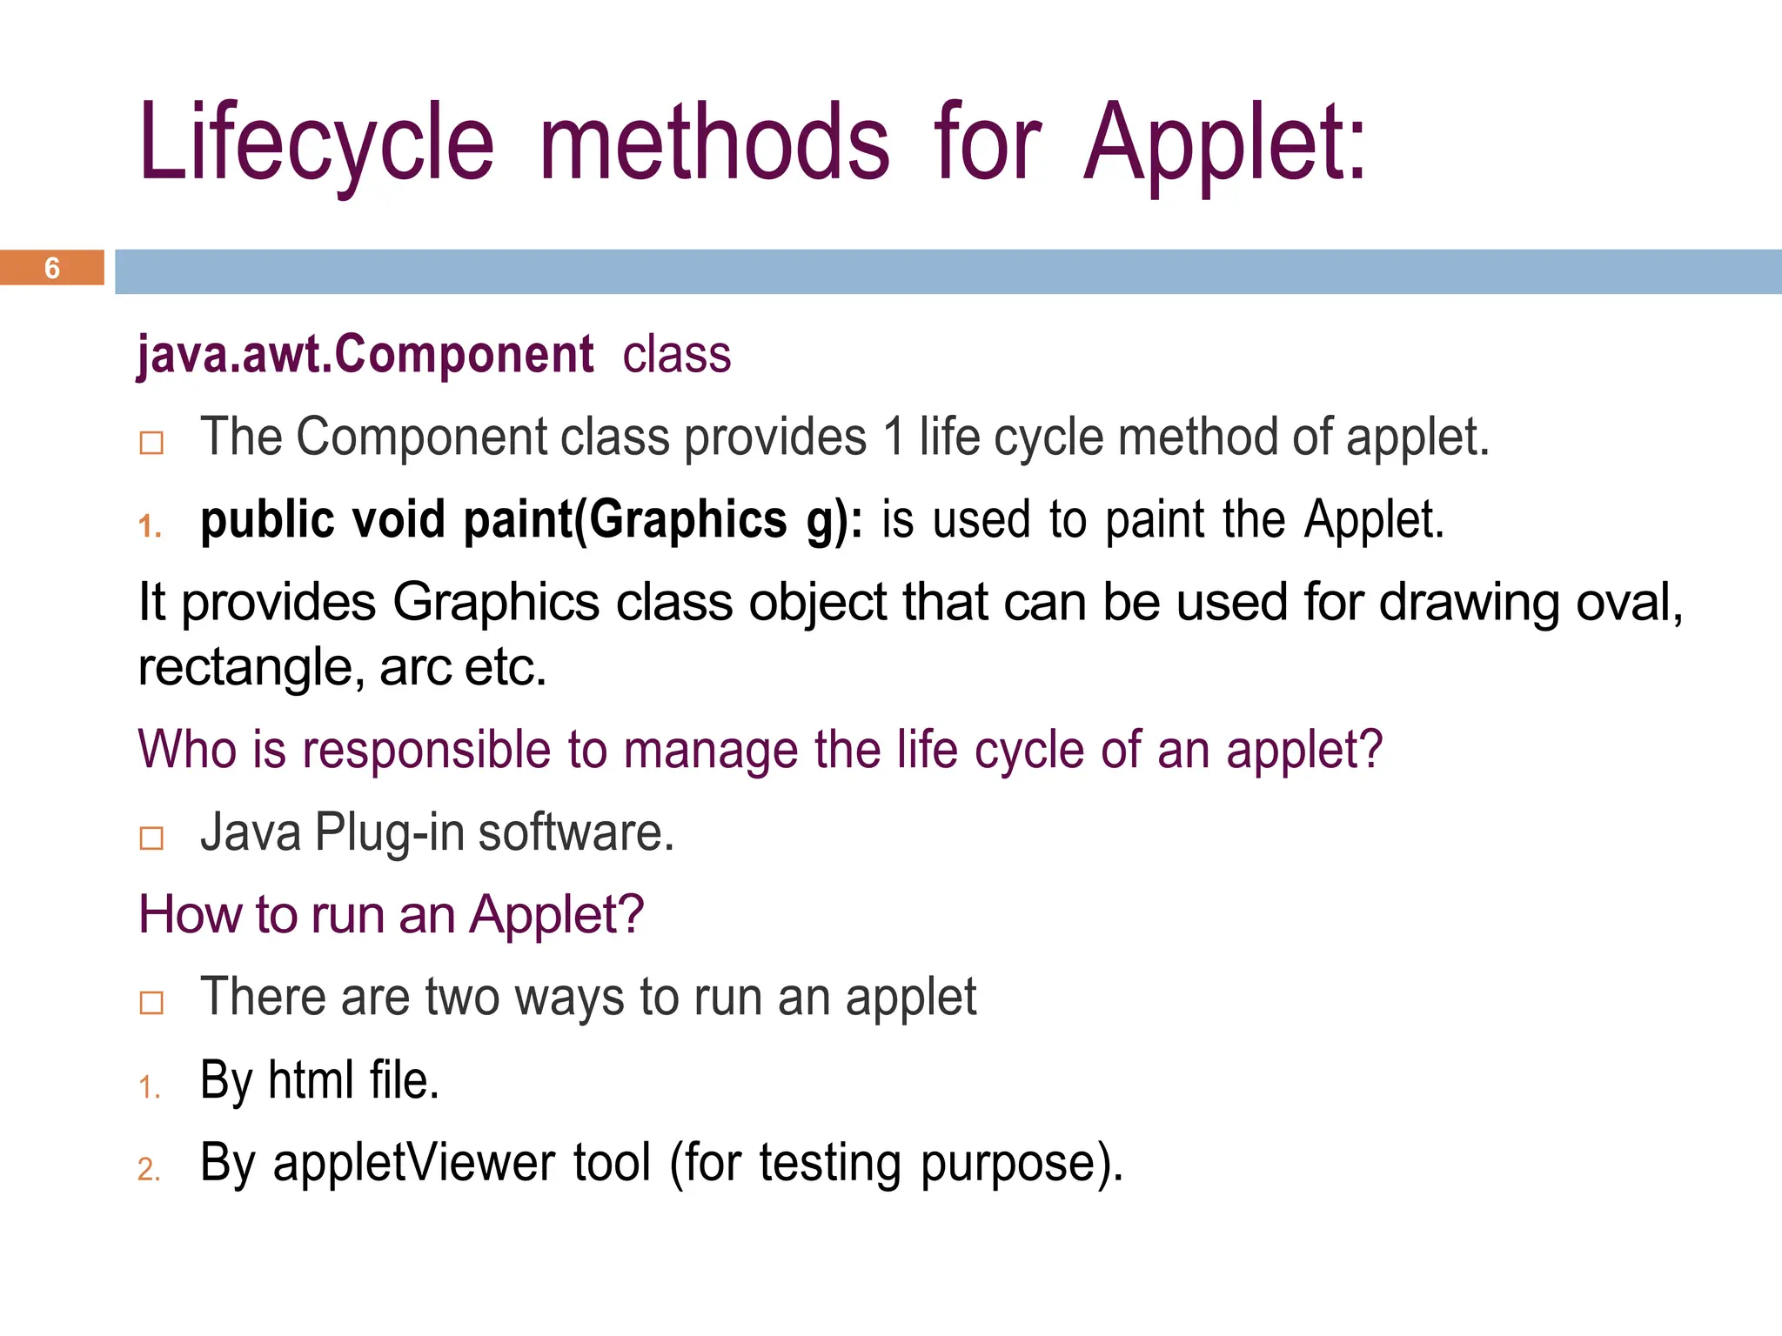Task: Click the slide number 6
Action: click(52, 268)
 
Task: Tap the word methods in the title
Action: click(714, 144)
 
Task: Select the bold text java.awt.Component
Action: click(365, 355)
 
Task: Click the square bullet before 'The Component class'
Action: click(151, 443)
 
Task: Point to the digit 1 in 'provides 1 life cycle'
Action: click(893, 437)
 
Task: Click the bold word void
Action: click(398, 520)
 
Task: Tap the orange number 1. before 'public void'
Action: click(150, 526)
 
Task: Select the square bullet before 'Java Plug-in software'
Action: click(151, 838)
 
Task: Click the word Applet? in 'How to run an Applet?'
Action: click(557, 915)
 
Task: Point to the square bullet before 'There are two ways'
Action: click(151, 1002)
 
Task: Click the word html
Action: click(311, 1080)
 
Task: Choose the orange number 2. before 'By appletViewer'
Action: click(149, 1169)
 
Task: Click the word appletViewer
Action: click(413, 1163)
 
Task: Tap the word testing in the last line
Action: click(829, 1163)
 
